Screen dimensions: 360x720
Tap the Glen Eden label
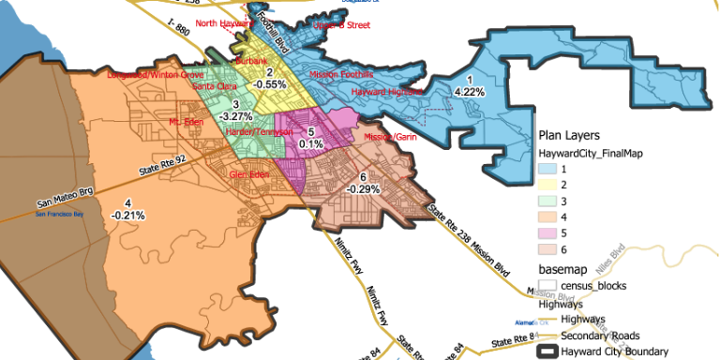[x=252, y=174]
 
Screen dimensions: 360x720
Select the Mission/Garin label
[x=389, y=137]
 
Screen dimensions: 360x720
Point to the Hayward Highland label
[x=386, y=93]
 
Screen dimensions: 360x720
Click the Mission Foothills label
[x=340, y=73]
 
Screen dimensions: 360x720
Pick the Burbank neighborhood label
[x=251, y=60]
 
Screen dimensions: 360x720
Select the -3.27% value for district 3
[x=235, y=116]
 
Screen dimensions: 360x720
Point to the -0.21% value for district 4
[x=127, y=215]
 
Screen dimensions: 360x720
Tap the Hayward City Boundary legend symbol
[x=547, y=352]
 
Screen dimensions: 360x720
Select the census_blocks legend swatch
[x=547, y=284]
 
